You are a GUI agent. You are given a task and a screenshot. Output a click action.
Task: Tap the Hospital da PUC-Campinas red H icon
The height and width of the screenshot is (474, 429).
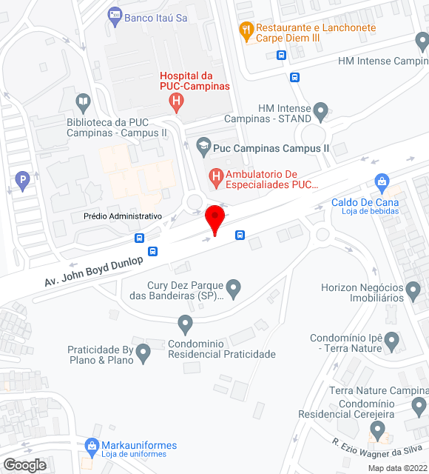pos(176,101)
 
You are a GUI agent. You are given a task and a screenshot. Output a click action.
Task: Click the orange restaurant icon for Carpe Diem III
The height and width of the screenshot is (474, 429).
pos(246,30)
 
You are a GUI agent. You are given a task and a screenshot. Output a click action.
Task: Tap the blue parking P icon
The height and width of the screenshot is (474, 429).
pos(23,178)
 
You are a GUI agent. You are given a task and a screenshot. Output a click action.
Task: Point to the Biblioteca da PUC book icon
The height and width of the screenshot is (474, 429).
pos(84,101)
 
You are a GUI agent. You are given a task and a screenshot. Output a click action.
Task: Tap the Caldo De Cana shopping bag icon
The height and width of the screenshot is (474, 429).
pos(382,181)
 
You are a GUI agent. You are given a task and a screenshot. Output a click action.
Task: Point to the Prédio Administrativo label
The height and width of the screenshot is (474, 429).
pos(122,216)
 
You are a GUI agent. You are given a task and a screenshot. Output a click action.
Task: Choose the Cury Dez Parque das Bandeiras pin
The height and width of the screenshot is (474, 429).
pos(234,286)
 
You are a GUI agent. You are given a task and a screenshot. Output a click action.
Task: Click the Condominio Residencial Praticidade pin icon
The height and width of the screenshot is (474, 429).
pos(186,324)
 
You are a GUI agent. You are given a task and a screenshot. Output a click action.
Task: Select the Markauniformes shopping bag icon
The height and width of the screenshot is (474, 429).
pos(92,446)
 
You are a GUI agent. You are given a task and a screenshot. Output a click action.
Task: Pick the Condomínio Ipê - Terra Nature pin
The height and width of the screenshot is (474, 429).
pos(393,341)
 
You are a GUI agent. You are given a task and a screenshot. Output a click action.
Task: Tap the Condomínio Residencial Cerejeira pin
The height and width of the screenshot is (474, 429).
pos(378,429)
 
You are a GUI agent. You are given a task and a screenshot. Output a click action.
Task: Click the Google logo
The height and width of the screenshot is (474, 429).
pos(24,464)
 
